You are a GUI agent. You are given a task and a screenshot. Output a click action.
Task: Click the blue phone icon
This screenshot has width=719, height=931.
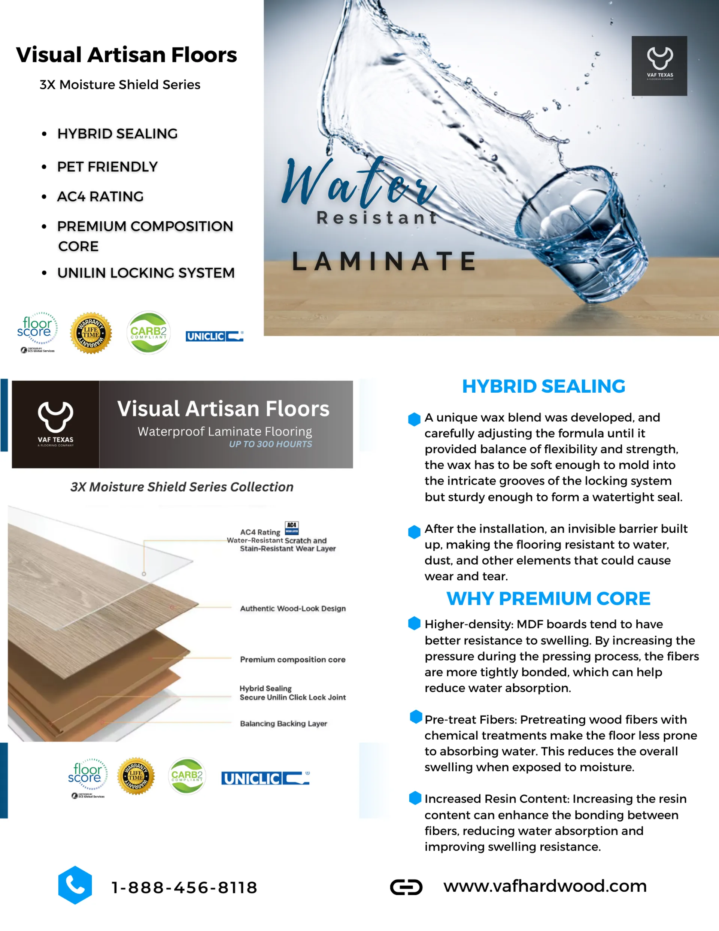pyautogui.click(x=75, y=885)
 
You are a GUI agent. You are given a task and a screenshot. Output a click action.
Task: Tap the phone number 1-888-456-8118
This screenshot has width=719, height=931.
pyautogui.click(x=184, y=888)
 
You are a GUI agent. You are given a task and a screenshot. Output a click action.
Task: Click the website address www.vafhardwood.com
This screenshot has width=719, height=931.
pyautogui.click(x=545, y=886)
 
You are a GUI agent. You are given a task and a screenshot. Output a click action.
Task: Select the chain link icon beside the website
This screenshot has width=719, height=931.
pyautogui.click(x=406, y=887)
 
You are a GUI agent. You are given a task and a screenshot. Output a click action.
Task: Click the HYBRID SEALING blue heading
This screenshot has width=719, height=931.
pyautogui.click(x=543, y=386)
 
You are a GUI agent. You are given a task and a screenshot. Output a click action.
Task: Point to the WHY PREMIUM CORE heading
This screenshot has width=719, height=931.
pyautogui.click(x=548, y=599)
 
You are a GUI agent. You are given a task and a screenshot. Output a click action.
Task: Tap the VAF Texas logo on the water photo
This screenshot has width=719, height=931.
pyautogui.click(x=659, y=66)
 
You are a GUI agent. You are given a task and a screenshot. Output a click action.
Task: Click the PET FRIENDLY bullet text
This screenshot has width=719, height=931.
pyautogui.click(x=107, y=167)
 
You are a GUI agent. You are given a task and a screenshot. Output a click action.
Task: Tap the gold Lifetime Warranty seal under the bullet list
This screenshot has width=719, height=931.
pyautogui.click(x=91, y=333)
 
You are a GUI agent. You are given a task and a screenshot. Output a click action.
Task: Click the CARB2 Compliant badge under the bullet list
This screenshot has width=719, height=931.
pyautogui.click(x=148, y=333)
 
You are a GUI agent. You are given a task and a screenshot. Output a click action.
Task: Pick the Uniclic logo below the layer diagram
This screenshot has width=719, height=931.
pyautogui.click(x=265, y=779)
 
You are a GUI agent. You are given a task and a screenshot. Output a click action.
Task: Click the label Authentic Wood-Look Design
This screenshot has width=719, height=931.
pyautogui.click(x=293, y=608)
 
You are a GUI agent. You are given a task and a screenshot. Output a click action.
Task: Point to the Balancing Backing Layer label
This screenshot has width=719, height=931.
pyautogui.click(x=283, y=723)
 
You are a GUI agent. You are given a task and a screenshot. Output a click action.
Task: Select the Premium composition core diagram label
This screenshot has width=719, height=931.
pyautogui.click(x=292, y=659)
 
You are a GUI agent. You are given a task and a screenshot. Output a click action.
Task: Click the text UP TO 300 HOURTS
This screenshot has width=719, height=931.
pyautogui.click(x=270, y=444)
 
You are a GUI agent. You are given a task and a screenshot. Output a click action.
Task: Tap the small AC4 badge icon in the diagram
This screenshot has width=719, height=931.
pyautogui.click(x=291, y=528)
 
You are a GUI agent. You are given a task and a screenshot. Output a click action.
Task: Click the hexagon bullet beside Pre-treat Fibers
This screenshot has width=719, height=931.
pyautogui.click(x=416, y=717)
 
